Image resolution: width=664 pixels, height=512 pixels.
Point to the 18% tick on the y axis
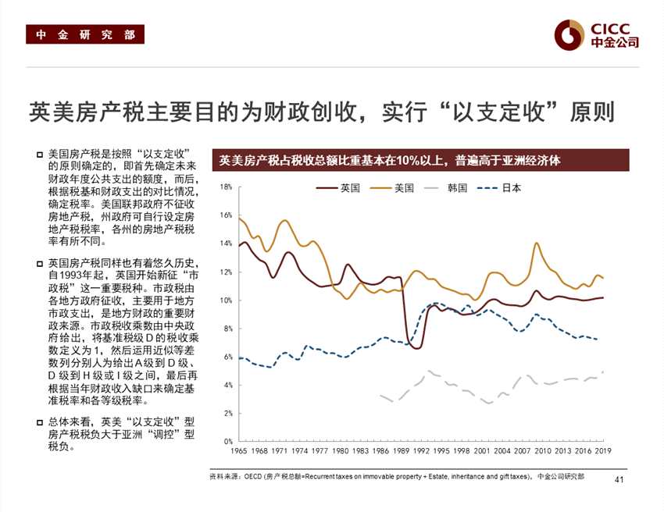[226, 187]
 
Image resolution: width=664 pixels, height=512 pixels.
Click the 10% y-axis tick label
[226, 300]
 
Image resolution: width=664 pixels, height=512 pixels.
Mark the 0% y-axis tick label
[227, 442]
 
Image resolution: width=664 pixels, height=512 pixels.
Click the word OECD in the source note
[252, 475]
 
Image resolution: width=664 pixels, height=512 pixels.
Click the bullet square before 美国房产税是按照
[40, 155]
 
